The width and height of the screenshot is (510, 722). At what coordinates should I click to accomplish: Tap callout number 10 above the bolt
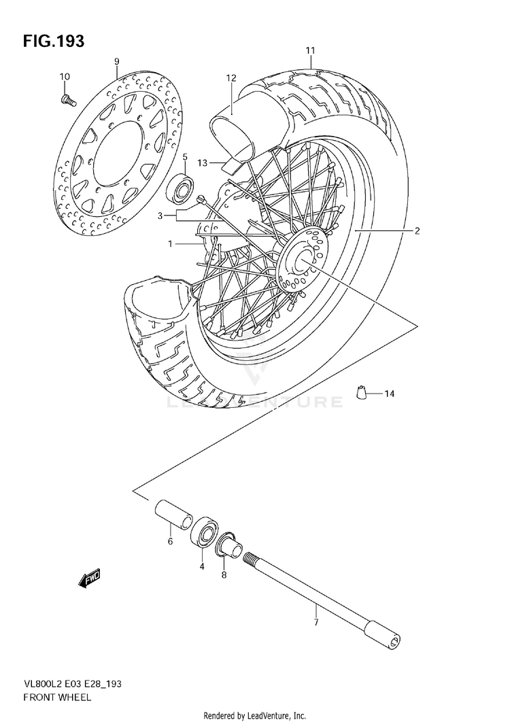pos(65,76)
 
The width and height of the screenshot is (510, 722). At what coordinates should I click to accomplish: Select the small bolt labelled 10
pos(67,101)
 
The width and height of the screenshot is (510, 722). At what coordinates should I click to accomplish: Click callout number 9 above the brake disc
pos(116,62)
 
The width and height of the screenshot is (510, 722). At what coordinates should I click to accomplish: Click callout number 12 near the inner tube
pos(231,78)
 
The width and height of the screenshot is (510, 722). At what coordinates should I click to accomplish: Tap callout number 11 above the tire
pos(310,51)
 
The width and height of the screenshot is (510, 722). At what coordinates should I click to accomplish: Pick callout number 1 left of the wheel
pos(171,243)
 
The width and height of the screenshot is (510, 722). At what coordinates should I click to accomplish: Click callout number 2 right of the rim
pos(417,231)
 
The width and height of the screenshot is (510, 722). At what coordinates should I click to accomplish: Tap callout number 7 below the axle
pos(316,622)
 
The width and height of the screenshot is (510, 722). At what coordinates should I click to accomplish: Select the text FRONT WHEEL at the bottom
pos(57,697)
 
